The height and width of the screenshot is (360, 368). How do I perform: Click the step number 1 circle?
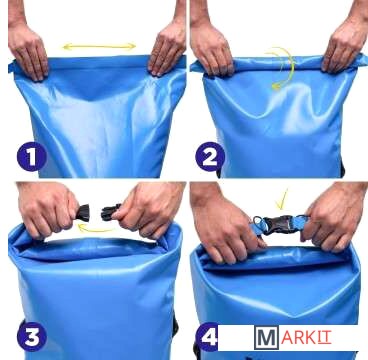[32, 156]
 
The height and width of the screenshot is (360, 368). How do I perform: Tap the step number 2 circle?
[210, 157]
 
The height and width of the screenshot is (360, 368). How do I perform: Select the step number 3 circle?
[32, 336]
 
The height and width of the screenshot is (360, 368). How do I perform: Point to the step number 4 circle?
[209, 337]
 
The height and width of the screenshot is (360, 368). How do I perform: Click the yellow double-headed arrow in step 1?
[99, 46]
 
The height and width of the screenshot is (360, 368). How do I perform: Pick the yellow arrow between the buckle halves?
[94, 229]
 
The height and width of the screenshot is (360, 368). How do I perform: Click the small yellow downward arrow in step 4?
[283, 200]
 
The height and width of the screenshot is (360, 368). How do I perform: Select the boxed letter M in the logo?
[266, 337]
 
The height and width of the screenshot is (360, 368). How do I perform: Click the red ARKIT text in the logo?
[306, 338]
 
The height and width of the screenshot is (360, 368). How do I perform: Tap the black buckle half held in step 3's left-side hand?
[83, 213]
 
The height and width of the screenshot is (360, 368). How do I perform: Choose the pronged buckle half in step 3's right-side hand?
[111, 212]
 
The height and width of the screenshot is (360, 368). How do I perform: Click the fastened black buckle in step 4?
[279, 225]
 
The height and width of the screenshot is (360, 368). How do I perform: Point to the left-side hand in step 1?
[28, 51]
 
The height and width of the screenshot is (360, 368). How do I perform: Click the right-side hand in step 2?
[344, 47]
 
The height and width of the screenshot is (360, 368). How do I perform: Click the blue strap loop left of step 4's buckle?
[257, 225]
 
